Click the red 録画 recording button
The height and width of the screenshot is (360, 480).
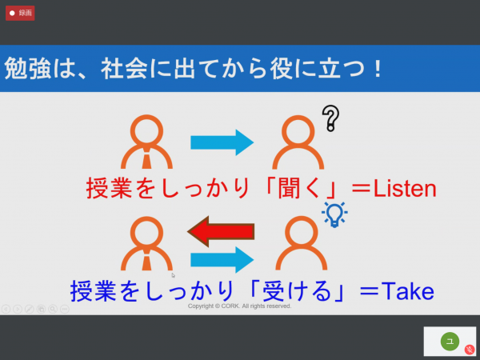click(20, 13)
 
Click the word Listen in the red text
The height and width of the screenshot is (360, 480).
click(405, 188)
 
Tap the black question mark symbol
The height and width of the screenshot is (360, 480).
click(330, 118)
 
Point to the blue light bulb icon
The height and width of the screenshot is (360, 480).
click(334, 214)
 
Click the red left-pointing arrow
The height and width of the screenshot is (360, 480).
click(221, 231)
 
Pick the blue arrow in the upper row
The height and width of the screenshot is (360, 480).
click(222, 142)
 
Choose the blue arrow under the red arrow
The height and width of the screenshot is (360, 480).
click(222, 260)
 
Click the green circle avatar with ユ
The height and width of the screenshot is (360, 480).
click(450, 342)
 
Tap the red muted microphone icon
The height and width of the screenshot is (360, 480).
click(470, 350)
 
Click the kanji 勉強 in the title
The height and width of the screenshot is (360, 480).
click(27, 68)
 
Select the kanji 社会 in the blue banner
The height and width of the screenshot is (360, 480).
click(124, 68)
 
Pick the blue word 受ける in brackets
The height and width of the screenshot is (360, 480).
click(297, 290)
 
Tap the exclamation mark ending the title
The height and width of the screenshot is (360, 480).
click(378, 68)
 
